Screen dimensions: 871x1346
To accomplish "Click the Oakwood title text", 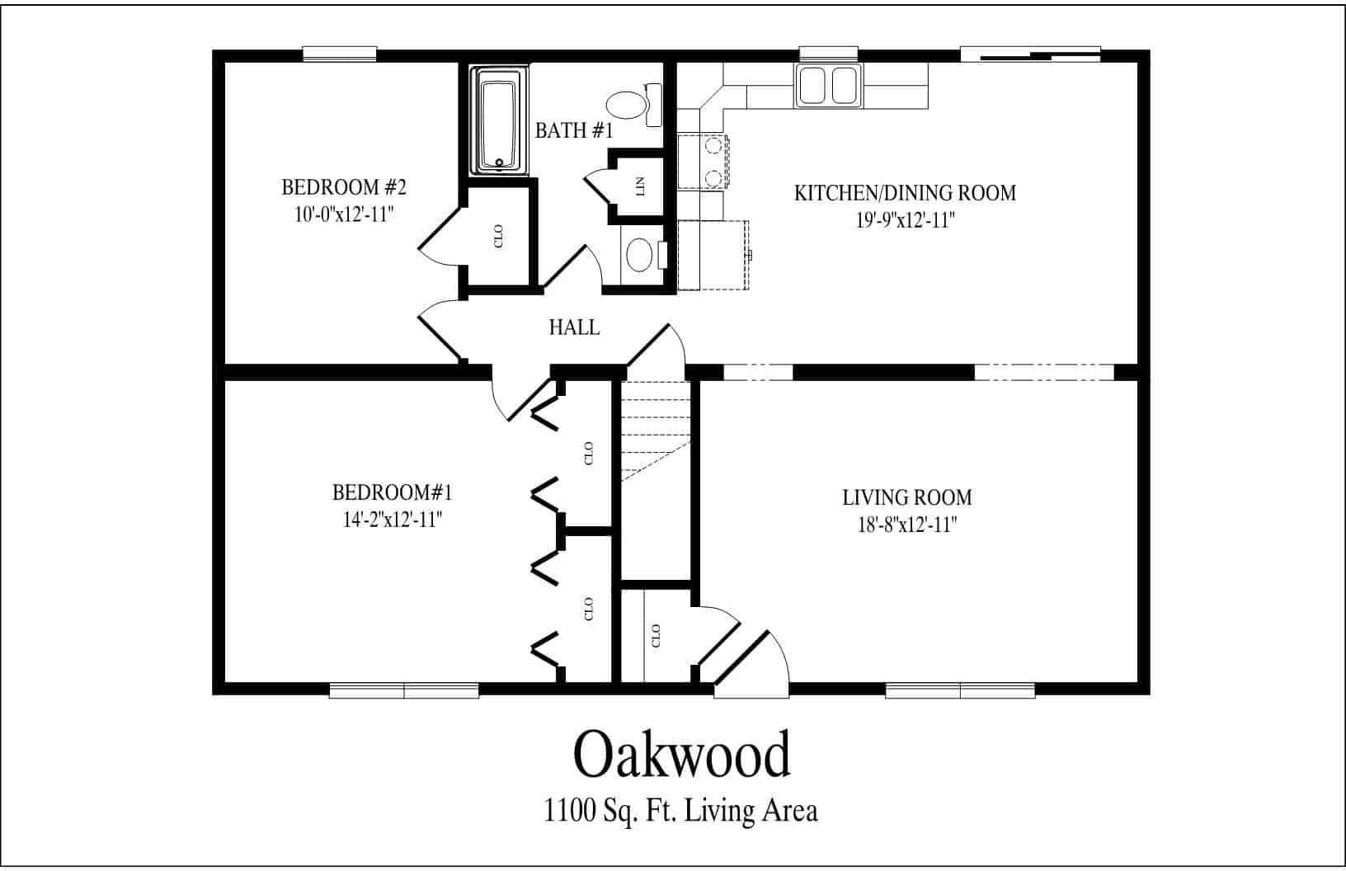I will click(x=681, y=755).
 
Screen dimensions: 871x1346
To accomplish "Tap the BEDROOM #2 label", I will click(x=344, y=187).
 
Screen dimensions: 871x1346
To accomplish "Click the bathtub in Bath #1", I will click(x=499, y=121).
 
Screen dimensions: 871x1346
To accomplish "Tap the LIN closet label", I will click(x=641, y=187).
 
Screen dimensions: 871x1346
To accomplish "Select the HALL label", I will click(x=574, y=327).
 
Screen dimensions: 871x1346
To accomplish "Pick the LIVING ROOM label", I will click(x=906, y=498).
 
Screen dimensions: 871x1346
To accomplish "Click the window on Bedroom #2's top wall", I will click(x=340, y=54).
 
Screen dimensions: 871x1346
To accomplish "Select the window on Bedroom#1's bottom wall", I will click(x=404, y=690).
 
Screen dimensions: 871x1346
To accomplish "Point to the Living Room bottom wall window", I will click(x=960, y=690).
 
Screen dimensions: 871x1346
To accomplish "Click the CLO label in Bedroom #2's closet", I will click(x=497, y=237).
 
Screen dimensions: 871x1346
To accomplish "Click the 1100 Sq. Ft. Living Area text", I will click(x=680, y=811).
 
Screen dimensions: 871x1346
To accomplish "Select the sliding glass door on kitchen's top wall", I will click(x=1030, y=54).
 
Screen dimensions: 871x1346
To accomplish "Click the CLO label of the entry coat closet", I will click(x=657, y=635).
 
